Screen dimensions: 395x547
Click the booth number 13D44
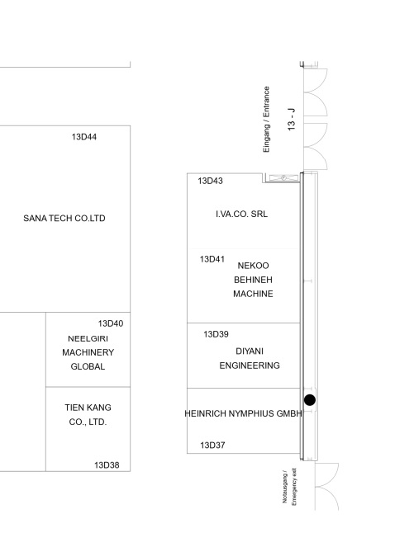84,137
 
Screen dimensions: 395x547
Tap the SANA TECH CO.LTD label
64,219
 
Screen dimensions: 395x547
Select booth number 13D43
210,181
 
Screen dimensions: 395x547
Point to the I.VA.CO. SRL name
241,214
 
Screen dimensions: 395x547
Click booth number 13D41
212,259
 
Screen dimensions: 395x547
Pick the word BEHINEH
253,280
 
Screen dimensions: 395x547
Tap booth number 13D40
111,323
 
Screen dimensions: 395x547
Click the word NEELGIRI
88,338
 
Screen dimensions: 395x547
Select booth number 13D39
216,334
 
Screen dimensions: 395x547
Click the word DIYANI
250,351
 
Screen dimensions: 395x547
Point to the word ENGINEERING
250,365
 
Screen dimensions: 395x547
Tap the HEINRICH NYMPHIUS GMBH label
243,413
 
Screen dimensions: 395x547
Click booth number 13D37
212,446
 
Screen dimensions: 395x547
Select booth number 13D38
107,465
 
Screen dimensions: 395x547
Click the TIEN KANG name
88,408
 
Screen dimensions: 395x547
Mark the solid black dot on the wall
310,400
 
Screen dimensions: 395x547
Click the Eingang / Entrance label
266,120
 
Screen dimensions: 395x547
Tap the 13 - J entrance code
291,120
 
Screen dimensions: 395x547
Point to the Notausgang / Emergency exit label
289,487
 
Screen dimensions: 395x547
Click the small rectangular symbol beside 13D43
283,178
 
